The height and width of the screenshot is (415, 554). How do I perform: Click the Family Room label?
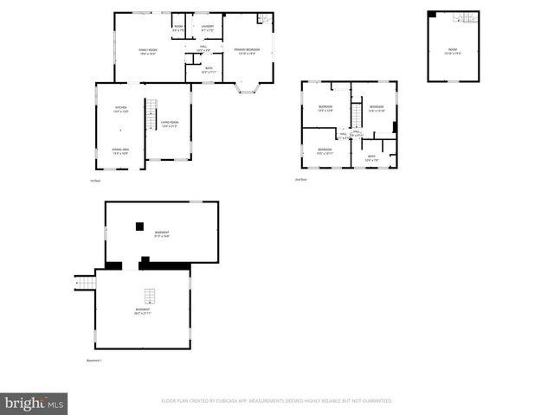pyautogui.click(x=147, y=52)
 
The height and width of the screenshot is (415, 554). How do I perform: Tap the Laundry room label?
pyautogui.click(x=208, y=29)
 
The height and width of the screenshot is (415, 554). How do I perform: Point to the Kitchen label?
pyautogui.click(x=120, y=110)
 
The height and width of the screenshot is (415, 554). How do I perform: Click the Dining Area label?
pyautogui.click(x=120, y=151)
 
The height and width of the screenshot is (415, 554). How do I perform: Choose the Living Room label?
pyautogui.click(x=168, y=124)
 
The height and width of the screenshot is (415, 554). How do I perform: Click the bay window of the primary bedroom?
pyautogui.click(x=249, y=88)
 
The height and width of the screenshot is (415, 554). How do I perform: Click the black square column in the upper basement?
pyautogui.click(x=138, y=226)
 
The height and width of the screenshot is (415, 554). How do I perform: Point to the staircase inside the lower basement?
pyautogui.click(x=148, y=293)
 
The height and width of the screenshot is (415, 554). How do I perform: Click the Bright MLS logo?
pyautogui.click(x=35, y=404)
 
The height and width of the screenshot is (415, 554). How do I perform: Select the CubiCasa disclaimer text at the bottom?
pyautogui.click(x=277, y=401)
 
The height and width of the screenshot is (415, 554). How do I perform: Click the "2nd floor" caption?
pyautogui.click(x=300, y=179)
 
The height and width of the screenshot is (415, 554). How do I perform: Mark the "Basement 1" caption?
pyautogui.click(x=94, y=360)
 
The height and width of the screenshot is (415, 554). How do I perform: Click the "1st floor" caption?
pyautogui.click(x=95, y=181)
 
